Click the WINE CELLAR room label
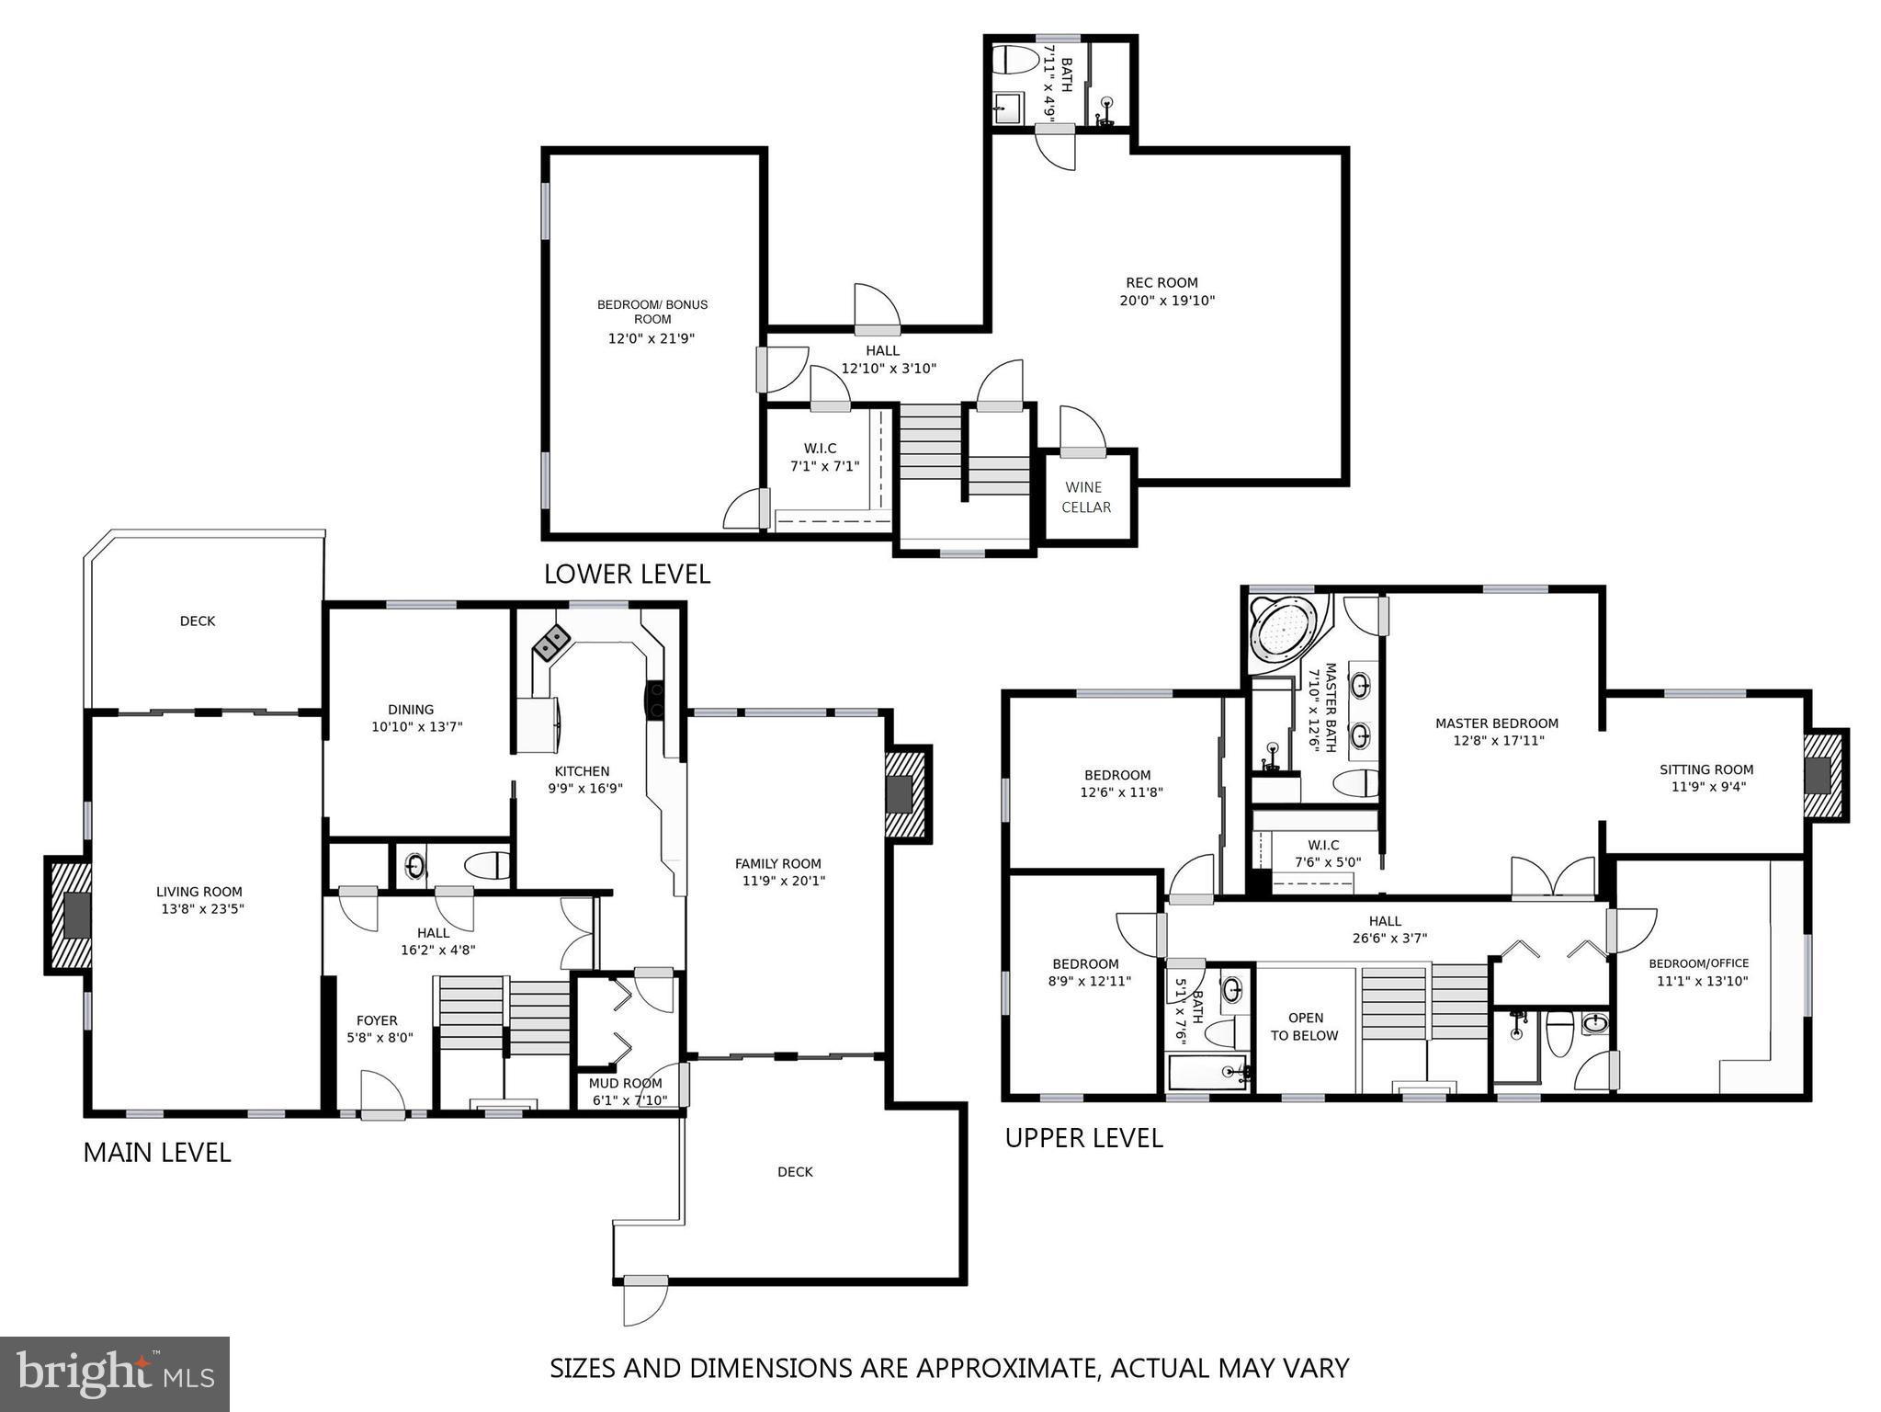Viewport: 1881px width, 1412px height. (x=1086, y=497)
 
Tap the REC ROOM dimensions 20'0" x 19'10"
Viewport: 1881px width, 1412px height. (x=1167, y=301)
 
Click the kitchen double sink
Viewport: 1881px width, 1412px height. (x=551, y=643)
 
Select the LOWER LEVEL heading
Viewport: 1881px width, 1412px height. (x=627, y=575)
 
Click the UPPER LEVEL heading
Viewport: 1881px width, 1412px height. (x=1083, y=1138)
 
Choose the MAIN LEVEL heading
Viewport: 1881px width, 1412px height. (x=157, y=1153)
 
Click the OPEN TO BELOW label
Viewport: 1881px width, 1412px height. (x=1304, y=1027)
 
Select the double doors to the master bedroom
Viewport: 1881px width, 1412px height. (x=1553, y=878)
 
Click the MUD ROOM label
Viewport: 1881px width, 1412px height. (x=625, y=1084)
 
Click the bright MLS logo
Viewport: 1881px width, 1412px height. (x=114, y=1373)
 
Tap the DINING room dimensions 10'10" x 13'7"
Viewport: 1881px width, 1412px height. (x=416, y=727)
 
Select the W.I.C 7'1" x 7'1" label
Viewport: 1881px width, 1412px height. (x=824, y=457)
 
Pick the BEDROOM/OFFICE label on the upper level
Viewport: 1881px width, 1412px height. (x=1698, y=963)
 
